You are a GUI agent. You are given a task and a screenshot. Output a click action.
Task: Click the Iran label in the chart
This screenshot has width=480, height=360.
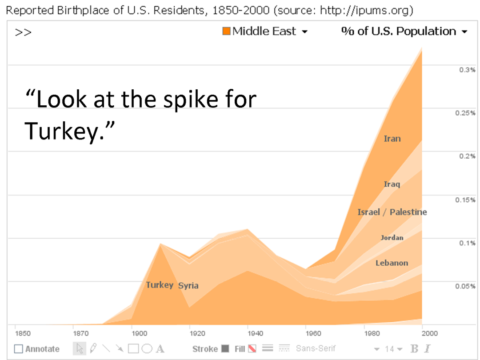point(392,139)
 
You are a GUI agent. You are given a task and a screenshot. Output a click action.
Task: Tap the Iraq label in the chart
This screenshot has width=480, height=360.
point(392,184)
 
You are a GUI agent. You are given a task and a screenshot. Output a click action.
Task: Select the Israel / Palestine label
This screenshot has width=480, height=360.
point(392,212)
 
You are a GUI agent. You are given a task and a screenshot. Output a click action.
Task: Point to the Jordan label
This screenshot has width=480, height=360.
point(392,238)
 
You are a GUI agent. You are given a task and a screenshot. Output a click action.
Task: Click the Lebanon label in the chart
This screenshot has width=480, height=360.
point(392,263)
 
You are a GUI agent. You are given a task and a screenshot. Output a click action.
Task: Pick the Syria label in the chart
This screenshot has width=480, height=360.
point(188,285)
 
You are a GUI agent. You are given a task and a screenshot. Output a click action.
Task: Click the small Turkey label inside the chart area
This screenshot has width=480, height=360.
point(160,285)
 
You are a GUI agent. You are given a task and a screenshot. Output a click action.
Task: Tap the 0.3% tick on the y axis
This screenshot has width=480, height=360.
point(468,70)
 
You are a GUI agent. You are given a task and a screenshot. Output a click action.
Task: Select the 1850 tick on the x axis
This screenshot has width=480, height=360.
point(23,333)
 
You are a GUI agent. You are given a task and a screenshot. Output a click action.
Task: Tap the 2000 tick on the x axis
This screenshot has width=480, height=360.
point(430,333)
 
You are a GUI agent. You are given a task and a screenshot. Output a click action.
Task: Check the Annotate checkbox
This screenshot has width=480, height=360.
point(18,349)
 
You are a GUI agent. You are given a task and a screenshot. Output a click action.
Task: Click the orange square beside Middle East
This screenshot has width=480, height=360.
point(226,31)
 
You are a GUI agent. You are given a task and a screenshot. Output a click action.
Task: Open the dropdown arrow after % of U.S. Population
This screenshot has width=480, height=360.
point(464,32)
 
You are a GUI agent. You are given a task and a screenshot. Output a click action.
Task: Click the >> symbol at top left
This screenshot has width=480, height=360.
point(23,32)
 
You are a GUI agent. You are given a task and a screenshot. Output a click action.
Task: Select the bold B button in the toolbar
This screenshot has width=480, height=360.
point(414,349)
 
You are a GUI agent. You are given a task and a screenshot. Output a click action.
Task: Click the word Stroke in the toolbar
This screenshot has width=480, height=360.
point(205,349)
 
